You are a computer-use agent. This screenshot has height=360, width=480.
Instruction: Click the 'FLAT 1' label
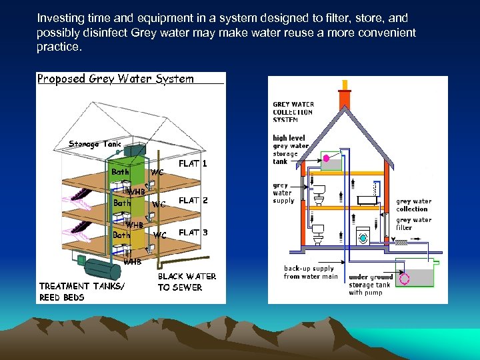pos(193,163)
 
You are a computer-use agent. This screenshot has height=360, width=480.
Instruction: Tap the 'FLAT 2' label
pos(193,200)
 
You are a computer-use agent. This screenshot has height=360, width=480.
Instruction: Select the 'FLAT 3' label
pos(193,233)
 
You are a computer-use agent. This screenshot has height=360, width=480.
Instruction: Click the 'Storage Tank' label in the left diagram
pos(95,144)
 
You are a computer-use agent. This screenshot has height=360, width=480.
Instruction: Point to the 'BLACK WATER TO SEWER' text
pos(187,282)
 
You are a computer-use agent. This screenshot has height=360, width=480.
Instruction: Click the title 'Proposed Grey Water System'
pos(115,79)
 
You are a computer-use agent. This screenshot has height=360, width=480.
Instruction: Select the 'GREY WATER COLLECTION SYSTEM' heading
pos(293,112)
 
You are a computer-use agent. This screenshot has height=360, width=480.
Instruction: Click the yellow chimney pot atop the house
pos(344,84)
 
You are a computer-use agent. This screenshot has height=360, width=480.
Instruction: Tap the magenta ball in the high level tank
pos(327,158)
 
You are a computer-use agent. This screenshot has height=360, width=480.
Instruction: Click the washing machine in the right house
pos(363,235)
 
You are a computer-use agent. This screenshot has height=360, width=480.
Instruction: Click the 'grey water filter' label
pos(413,223)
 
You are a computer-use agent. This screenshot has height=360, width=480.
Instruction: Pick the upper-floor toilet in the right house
pos(319,192)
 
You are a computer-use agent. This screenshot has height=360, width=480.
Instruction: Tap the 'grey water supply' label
pos(282,193)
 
